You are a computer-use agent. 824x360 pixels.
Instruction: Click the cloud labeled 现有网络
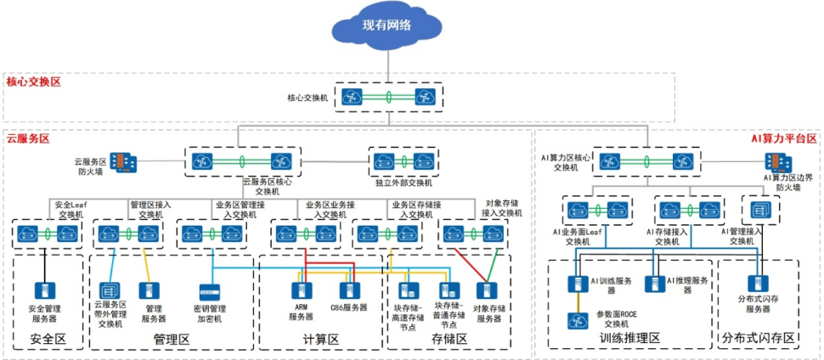(x=387, y=27)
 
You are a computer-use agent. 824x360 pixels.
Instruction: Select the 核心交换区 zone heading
(x=33, y=82)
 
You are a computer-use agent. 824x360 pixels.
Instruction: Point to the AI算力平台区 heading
(x=783, y=138)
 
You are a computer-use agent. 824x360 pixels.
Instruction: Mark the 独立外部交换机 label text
(x=404, y=183)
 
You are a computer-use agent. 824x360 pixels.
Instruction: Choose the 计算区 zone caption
(x=322, y=340)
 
